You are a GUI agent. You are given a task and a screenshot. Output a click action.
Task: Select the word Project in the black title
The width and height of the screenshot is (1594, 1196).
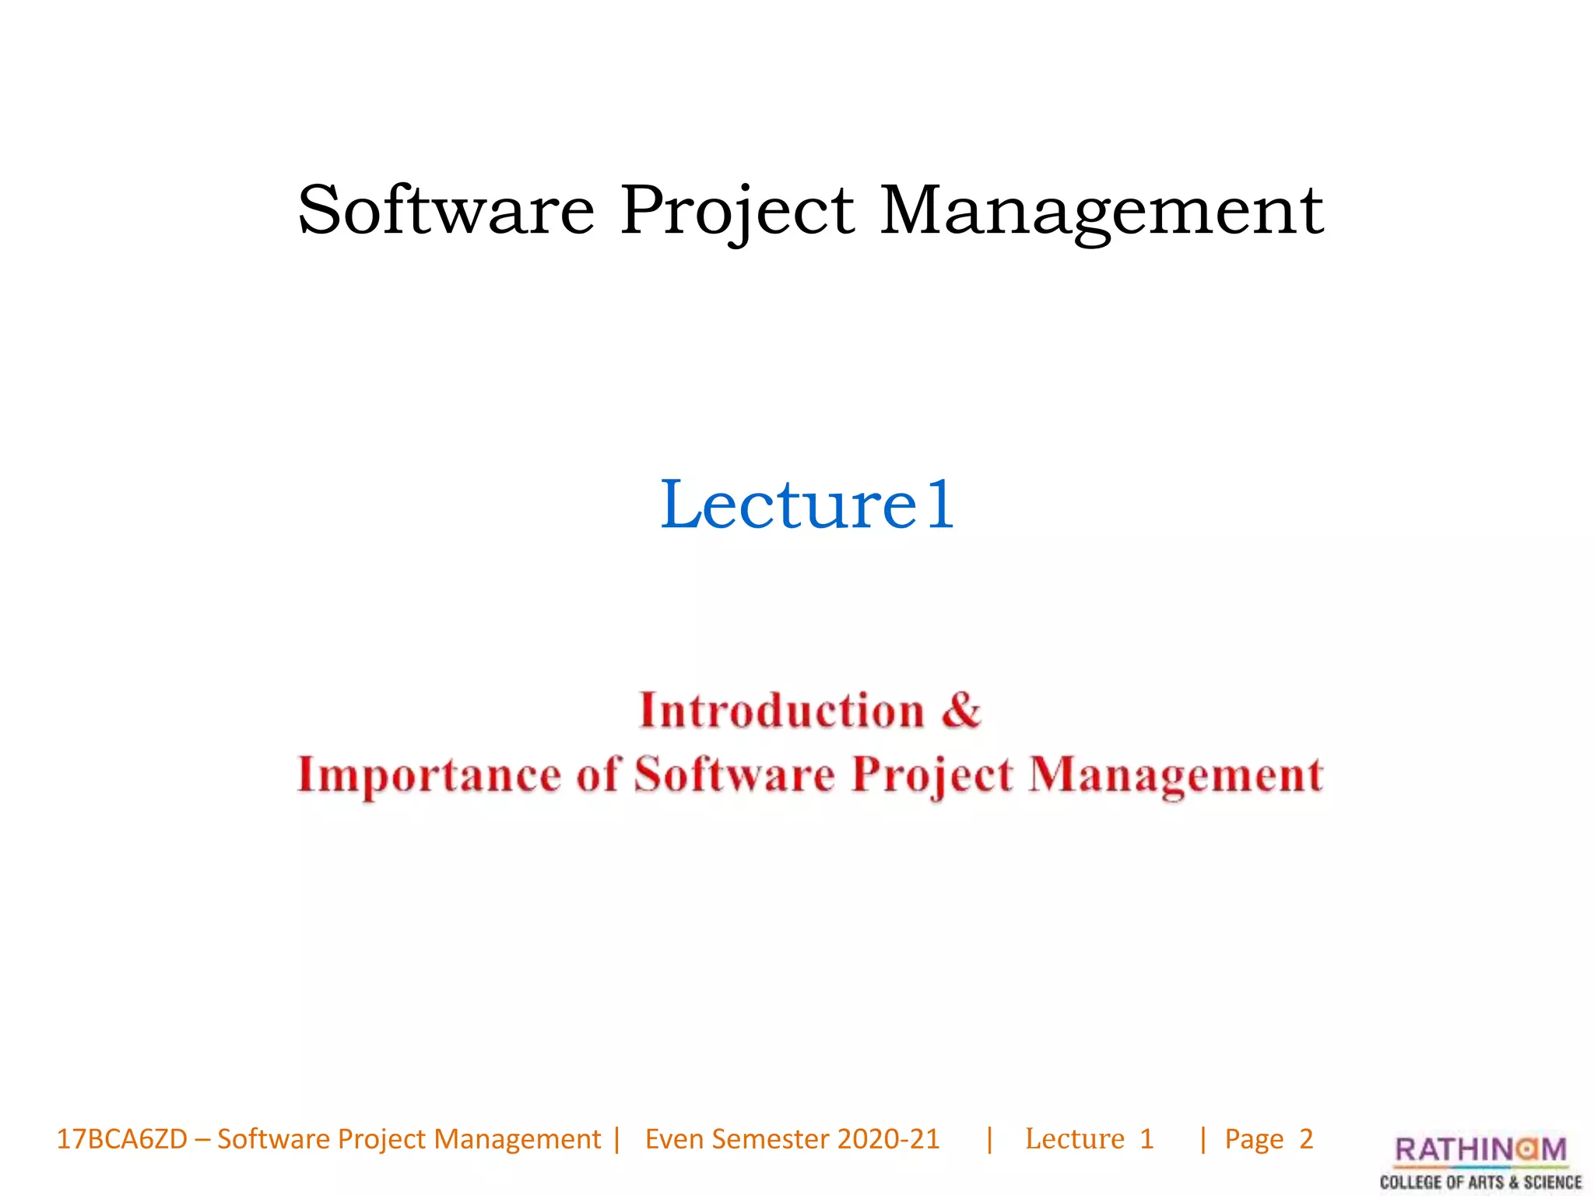[x=737, y=212]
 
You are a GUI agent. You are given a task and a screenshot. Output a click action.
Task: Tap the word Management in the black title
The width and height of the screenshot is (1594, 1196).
[x=1101, y=212]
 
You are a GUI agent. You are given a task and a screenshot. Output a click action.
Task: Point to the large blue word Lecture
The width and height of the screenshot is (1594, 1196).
[x=789, y=505]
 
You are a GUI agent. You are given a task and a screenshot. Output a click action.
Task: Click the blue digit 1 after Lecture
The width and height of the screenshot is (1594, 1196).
[x=940, y=506]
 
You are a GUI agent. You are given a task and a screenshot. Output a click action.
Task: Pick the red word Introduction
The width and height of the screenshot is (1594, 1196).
[x=781, y=711]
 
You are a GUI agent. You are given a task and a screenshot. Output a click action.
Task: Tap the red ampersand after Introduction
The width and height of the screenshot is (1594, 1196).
[x=962, y=709]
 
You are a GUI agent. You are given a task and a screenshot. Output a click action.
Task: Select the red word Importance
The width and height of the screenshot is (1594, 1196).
[x=429, y=776]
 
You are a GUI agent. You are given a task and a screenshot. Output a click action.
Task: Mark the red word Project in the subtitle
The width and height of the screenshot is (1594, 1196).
[x=932, y=776]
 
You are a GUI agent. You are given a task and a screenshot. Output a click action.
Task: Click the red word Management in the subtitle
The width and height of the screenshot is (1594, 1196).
[x=1175, y=776]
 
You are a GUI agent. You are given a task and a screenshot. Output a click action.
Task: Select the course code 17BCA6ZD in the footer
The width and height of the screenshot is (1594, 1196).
[x=122, y=1139]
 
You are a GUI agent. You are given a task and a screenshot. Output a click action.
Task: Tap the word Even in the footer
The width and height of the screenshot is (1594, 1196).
[x=674, y=1139]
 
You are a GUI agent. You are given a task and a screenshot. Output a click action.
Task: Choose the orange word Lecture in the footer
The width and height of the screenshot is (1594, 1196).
[x=1075, y=1139]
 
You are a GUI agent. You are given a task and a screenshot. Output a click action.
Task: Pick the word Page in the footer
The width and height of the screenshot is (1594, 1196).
[x=1254, y=1140]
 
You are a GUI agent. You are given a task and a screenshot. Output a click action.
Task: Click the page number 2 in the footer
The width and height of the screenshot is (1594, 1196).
[x=1306, y=1139]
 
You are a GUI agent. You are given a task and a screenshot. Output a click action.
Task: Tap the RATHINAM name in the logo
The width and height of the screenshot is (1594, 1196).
[x=1480, y=1149]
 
